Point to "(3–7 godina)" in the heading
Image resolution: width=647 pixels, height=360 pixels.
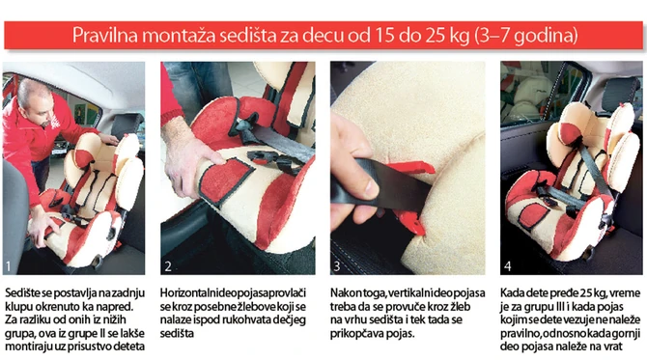[526, 36]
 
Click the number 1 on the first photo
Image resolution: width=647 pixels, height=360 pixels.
[8, 266]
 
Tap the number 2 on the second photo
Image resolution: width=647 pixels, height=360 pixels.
[168, 266]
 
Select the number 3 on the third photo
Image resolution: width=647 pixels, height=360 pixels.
[337, 266]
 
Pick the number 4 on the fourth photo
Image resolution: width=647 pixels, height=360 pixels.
[508, 266]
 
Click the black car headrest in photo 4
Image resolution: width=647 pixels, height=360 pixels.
[619, 94]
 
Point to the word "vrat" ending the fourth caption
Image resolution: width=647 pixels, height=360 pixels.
[613, 346]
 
